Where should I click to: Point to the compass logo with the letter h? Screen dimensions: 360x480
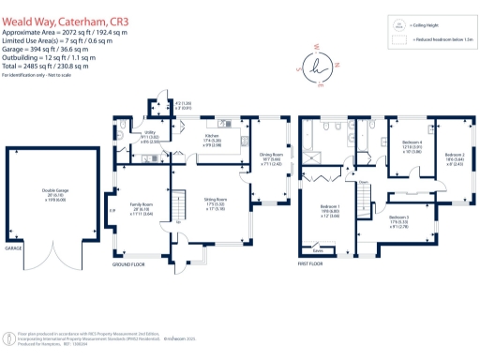320,65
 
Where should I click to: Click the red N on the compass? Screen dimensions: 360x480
337,65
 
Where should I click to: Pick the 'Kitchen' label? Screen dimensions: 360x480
212,134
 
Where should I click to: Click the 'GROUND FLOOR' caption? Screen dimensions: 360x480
132,265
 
